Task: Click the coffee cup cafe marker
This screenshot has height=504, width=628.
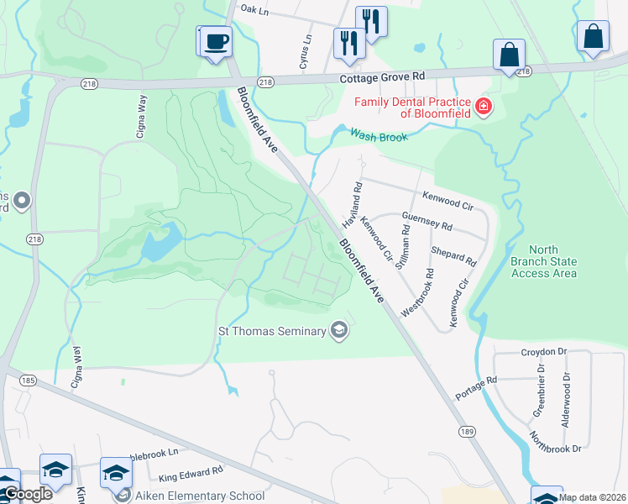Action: pos(216,40)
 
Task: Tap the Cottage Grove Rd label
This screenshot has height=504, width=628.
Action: pos(382,76)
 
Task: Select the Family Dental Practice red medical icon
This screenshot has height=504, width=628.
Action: pos(483,107)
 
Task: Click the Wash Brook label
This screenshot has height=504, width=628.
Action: pos(379,136)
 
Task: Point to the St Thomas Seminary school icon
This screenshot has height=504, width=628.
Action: pos(339,331)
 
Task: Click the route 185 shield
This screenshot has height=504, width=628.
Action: pos(28,381)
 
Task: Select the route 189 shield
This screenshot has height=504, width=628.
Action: pos(468,430)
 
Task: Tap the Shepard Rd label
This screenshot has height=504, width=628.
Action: pos(453,251)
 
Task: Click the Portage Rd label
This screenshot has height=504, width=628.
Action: pos(476,387)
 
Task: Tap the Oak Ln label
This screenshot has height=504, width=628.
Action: pos(253,8)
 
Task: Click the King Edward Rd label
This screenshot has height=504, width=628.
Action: pos(191,475)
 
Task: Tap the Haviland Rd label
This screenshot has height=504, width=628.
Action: pos(352,205)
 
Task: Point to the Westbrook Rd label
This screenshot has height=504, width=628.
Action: pos(417,292)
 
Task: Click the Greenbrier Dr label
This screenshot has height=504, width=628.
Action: pos(540,391)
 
